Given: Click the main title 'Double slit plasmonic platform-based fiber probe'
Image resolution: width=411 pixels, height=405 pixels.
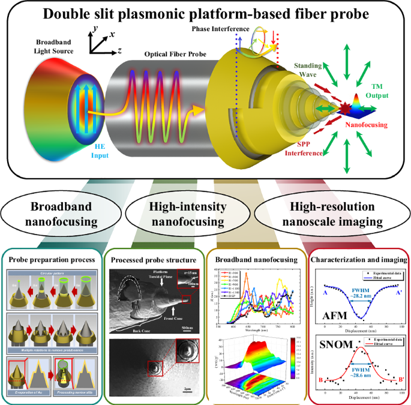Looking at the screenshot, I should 205,14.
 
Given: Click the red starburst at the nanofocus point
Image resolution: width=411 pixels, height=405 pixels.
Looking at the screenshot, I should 347,110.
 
